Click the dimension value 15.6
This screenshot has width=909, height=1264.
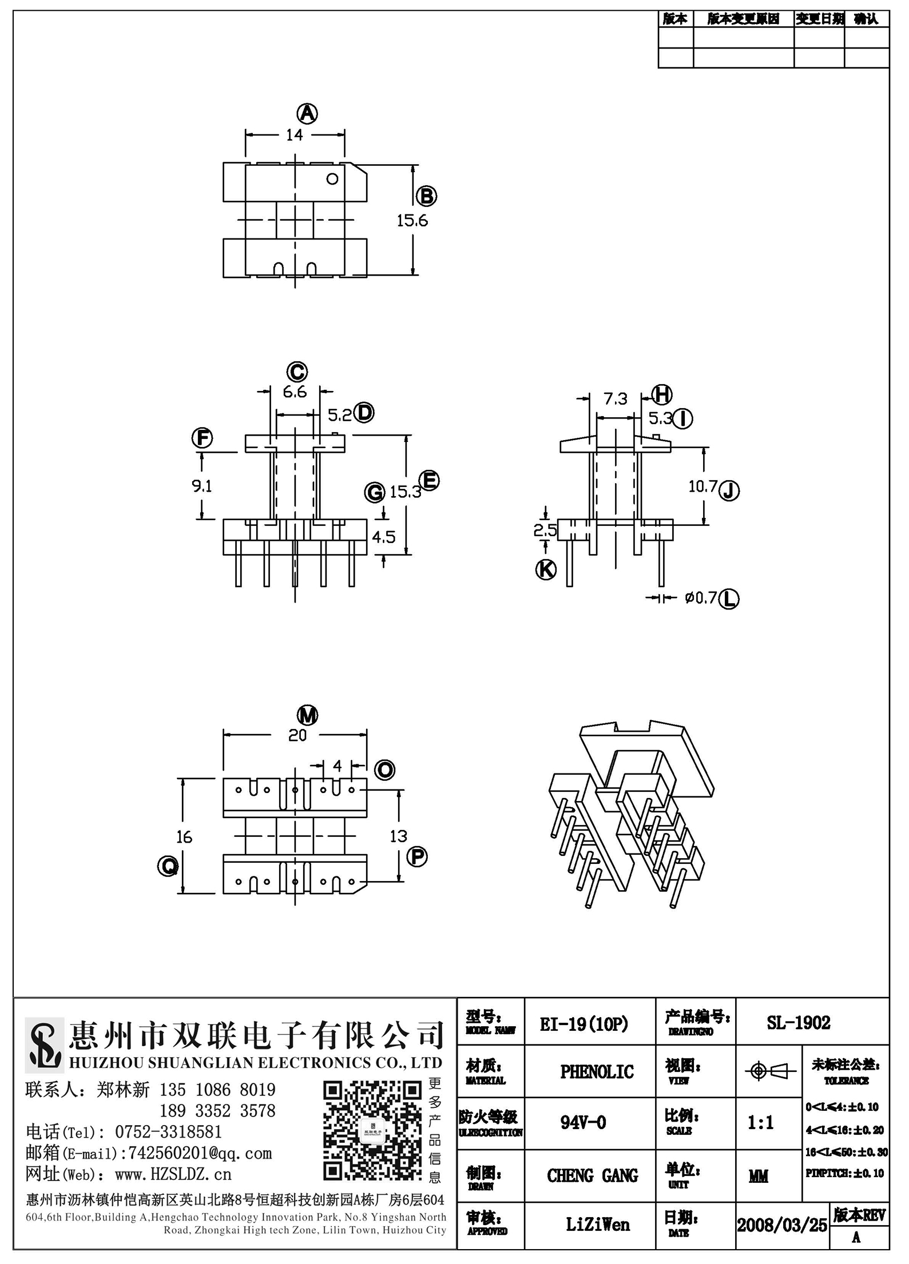[x=412, y=220]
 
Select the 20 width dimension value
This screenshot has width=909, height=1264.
[x=297, y=735]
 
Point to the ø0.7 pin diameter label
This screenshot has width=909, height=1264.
[x=701, y=598]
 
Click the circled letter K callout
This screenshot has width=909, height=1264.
[x=546, y=569]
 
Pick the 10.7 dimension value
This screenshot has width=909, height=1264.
[x=703, y=487]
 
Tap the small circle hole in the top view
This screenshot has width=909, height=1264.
[x=332, y=179]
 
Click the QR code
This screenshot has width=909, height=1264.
[x=372, y=1132]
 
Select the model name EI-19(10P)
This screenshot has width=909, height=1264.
[x=584, y=1024]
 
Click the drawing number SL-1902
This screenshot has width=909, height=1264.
[x=799, y=1023]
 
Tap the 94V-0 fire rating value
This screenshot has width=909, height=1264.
[x=583, y=1123]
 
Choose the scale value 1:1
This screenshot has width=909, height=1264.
[x=761, y=1123]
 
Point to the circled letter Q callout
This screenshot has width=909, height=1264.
[x=168, y=867]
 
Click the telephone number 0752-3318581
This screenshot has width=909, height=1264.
[x=168, y=1132]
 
